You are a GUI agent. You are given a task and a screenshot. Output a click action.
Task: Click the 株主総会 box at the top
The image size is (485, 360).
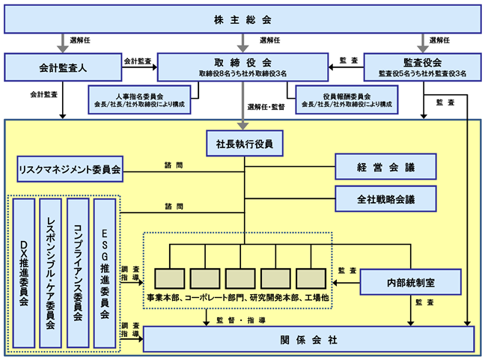tap(242, 19)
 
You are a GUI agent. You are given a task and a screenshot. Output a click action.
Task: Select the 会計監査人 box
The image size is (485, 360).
tap(63, 67)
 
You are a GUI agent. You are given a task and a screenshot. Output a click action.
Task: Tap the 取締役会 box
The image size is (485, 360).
tap(242, 67)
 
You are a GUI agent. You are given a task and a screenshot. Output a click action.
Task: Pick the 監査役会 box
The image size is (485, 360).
tap(423, 67)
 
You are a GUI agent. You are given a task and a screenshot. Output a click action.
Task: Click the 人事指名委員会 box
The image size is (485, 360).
tap(139, 100)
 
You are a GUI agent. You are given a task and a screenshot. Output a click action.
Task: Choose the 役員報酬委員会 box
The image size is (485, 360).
tap(347, 100)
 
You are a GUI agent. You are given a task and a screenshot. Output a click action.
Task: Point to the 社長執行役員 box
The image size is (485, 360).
tap(245, 144)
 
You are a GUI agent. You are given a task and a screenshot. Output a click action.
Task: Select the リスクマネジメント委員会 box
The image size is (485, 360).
tap(70, 169)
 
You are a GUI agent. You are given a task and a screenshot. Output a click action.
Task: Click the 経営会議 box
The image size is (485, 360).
tap(385, 167)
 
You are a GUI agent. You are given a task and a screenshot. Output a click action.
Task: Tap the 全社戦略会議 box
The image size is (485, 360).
tap(385, 199)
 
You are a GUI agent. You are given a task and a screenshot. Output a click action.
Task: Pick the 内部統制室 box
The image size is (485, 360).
tap(411, 282)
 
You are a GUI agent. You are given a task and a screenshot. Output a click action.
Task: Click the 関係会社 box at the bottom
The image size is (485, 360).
tap(308, 339)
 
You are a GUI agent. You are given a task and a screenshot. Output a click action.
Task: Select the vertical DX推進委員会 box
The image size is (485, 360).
tap(24, 273)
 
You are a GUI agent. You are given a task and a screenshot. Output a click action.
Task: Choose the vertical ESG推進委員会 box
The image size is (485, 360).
tap(105, 273)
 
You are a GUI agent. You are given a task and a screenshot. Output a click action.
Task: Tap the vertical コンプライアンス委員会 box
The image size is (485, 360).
tap(78, 273)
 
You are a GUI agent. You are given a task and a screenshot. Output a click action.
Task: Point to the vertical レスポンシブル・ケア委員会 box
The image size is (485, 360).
tap(51, 273)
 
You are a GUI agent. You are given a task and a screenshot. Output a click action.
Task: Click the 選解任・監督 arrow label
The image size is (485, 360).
tap(266, 107)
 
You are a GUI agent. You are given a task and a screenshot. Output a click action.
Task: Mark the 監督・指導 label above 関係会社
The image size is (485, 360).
tap(241, 320)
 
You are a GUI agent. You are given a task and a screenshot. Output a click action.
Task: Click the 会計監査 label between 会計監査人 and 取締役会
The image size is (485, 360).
tap(138, 61)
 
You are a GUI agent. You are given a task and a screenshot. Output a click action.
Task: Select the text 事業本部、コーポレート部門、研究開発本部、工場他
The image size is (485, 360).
tap(237, 298)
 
